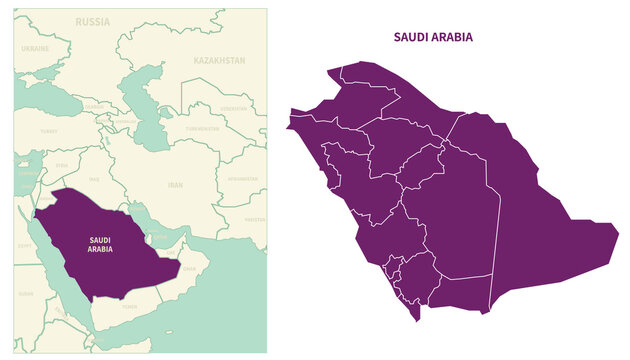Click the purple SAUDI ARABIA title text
[433, 37]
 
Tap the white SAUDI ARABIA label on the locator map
[100, 244]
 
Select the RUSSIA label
[93, 21]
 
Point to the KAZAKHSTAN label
[219, 60]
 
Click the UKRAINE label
[35, 48]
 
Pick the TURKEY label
[48, 130]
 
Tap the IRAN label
[175, 185]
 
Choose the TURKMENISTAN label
[202, 129]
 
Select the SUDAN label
[26, 294]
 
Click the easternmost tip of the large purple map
[617, 236]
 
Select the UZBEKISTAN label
[234, 107]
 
